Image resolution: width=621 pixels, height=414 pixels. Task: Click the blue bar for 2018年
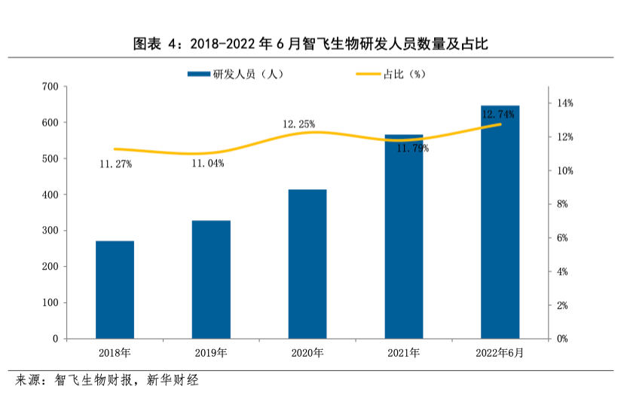click(115, 290)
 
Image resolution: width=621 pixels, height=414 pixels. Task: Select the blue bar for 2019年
click(211, 279)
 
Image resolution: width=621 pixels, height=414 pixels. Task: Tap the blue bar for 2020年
click(307, 264)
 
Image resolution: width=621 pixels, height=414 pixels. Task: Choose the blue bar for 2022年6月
click(500, 222)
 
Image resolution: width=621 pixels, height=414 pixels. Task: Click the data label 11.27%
click(115, 164)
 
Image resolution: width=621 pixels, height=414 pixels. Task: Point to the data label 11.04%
click(207, 164)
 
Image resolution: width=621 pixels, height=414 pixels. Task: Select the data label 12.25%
click(298, 124)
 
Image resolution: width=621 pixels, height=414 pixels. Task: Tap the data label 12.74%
click(497, 115)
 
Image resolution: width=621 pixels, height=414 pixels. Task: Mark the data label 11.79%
click(412, 149)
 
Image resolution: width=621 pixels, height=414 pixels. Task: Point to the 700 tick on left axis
click(50, 87)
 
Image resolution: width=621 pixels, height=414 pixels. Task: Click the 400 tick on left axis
click(50, 195)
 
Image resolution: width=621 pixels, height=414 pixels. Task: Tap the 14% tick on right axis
click(564, 103)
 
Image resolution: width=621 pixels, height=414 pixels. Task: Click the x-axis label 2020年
click(307, 353)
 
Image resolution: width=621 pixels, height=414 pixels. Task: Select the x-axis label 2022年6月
click(500, 353)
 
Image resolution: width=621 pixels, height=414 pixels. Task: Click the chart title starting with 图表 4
click(310, 44)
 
